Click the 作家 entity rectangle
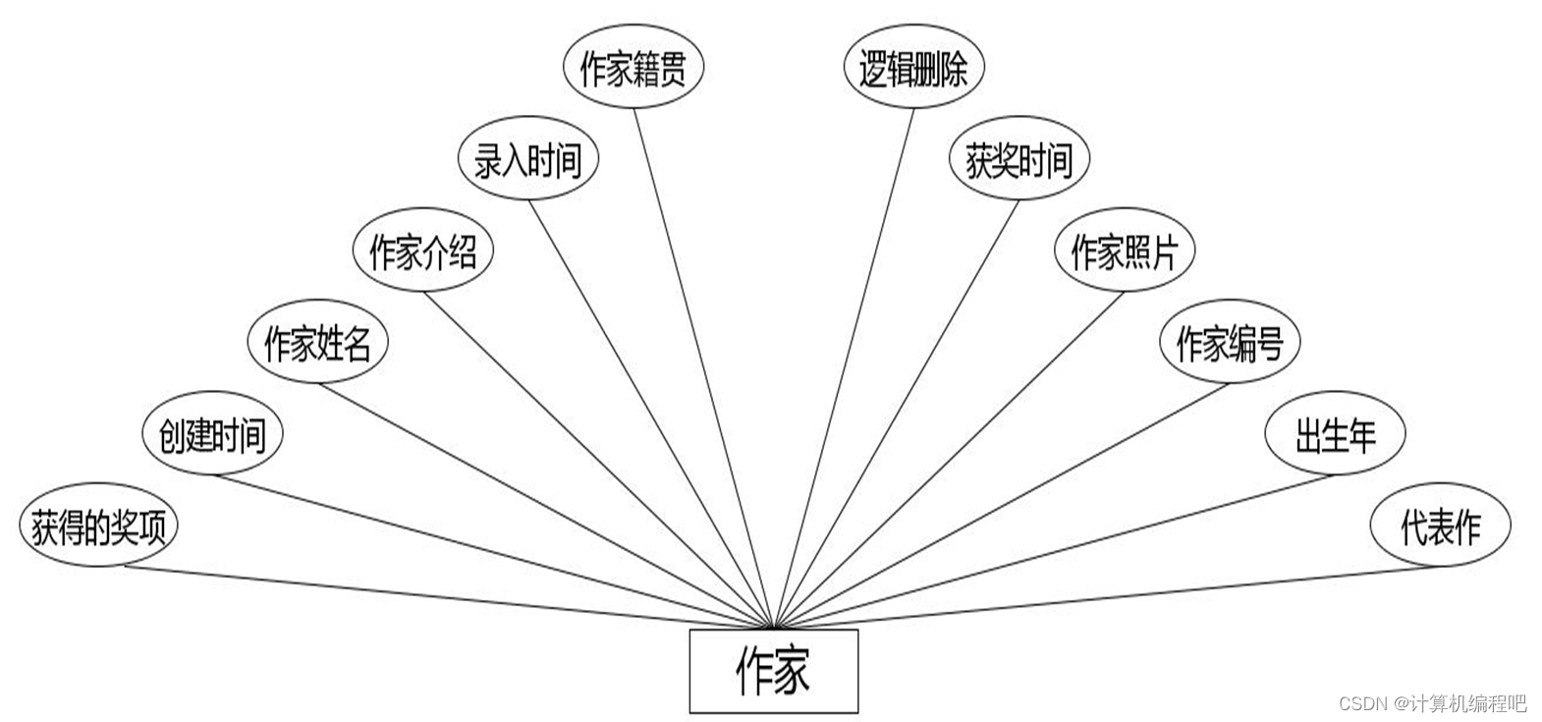(x=773, y=671)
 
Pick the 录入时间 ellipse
(x=528, y=160)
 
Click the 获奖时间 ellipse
(x=1019, y=160)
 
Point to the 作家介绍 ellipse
(x=422, y=252)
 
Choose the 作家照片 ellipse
(x=1125, y=252)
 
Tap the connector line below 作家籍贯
(x=702, y=363)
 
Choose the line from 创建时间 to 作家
(x=491, y=550)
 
